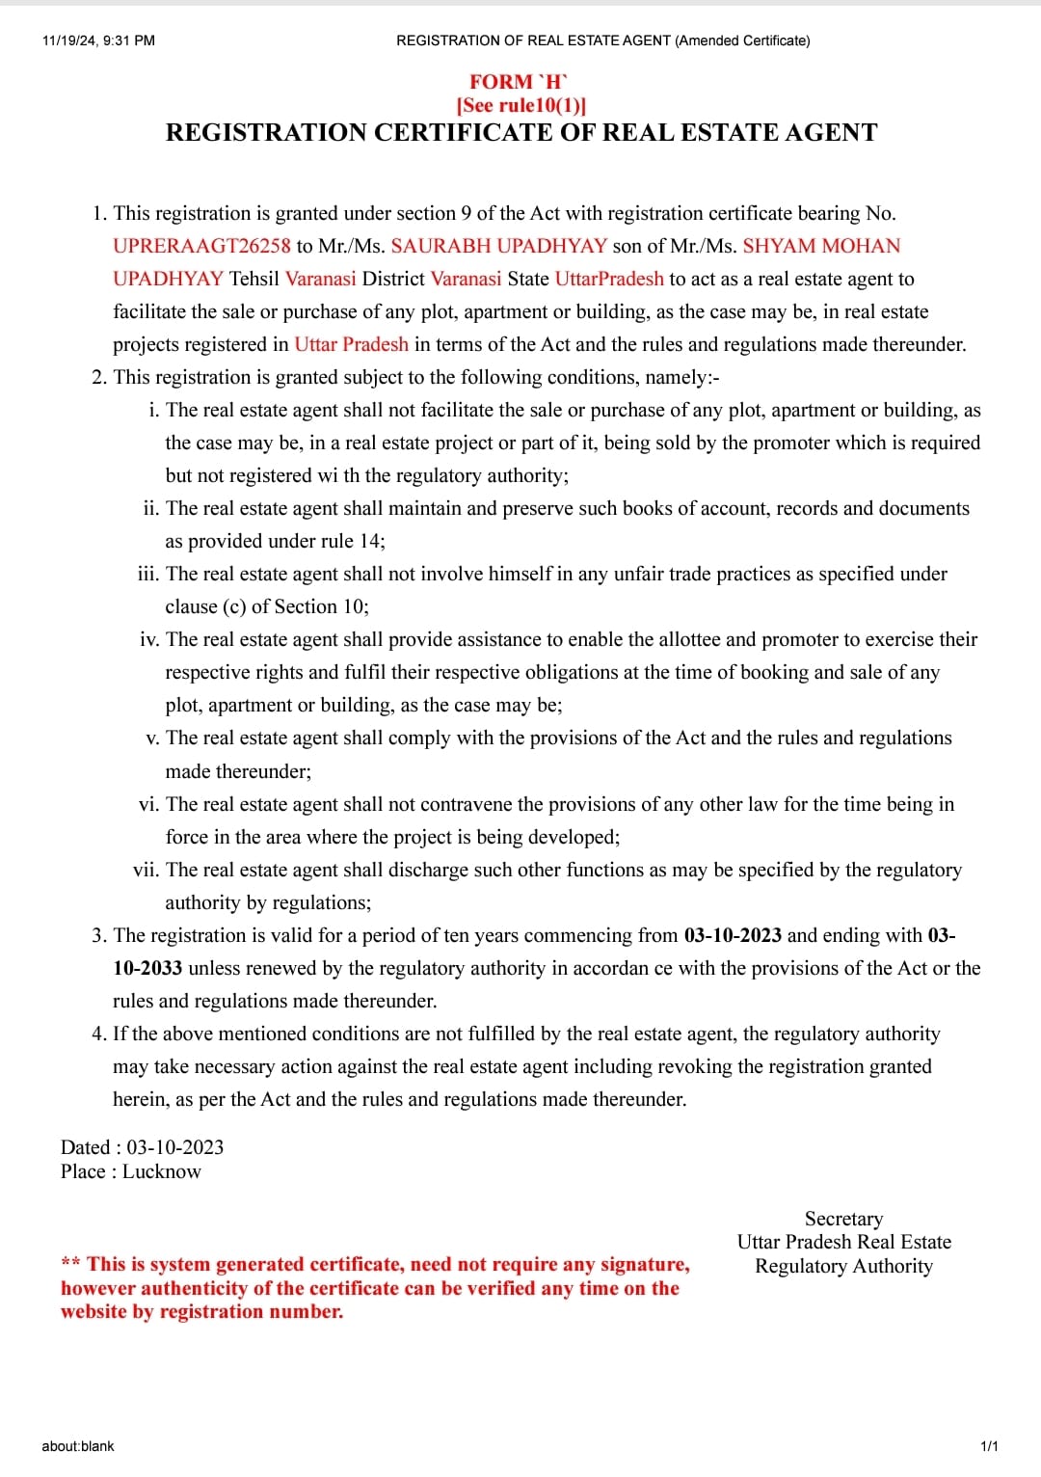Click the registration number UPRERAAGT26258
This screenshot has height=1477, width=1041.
click(x=201, y=246)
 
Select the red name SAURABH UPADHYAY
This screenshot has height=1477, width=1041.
click(x=498, y=246)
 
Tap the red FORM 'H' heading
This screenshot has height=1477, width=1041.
click(x=520, y=82)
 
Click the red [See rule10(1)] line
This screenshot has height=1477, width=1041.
click(x=520, y=105)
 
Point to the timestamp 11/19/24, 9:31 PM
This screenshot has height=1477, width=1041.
click(x=98, y=40)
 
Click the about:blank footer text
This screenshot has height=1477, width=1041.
click(x=78, y=1446)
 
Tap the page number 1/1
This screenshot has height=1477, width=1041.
click(x=989, y=1446)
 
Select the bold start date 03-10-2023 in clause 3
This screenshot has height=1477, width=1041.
click(x=733, y=935)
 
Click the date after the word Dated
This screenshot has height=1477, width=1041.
click(x=175, y=1147)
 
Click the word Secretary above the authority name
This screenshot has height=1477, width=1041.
click(x=843, y=1219)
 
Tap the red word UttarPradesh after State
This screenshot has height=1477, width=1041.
click(x=609, y=279)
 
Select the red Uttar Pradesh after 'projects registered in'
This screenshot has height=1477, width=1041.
click(x=351, y=344)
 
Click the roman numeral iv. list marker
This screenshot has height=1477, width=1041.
click(x=149, y=639)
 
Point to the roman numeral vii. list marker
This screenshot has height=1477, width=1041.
click(x=146, y=870)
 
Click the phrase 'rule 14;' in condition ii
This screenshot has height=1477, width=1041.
click(x=353, y=541)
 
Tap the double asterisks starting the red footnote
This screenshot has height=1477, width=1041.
click(x=70, y=1264)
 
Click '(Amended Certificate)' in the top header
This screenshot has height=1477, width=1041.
click(x=742, y=40)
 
